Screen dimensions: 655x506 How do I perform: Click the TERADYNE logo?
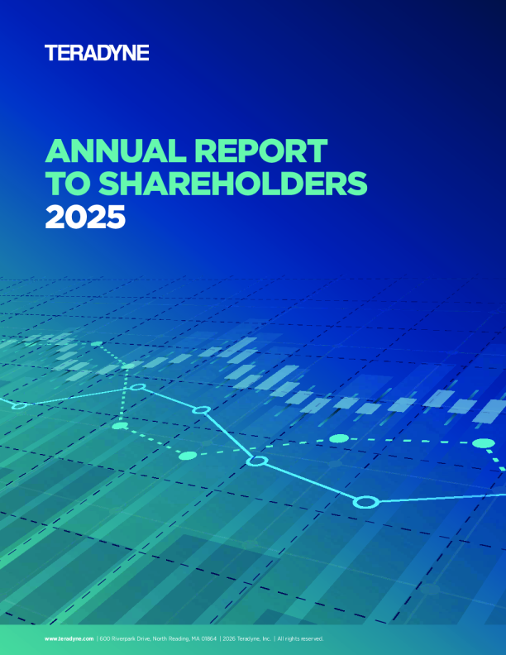97,54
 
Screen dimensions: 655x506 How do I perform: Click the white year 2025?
85,216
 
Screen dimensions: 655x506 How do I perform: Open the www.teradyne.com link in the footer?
69,639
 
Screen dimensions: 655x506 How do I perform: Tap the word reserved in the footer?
313,639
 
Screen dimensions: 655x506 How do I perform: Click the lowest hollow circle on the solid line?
365,501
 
